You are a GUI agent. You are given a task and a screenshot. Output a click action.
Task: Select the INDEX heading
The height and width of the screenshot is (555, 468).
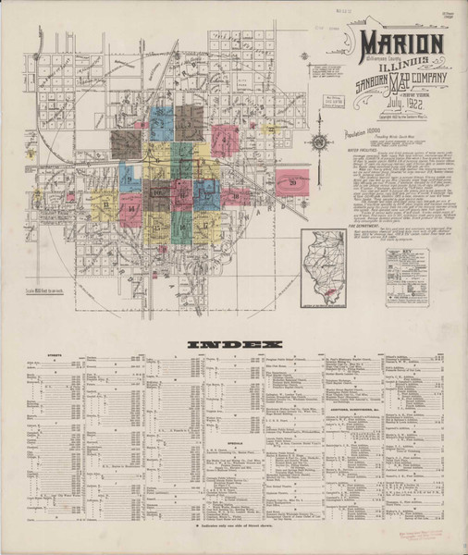click(234, 345)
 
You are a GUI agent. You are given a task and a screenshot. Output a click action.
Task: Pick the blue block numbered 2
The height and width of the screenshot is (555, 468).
click(162, 121)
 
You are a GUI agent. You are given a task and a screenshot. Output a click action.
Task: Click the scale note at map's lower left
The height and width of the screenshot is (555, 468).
click(68, 291)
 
